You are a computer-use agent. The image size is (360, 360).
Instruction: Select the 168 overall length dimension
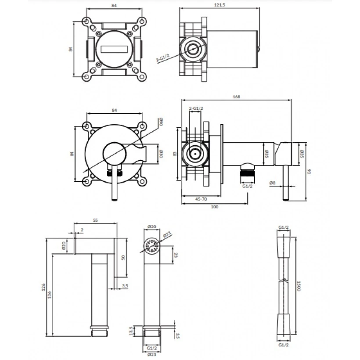(237, 97)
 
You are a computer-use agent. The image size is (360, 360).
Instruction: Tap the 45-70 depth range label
(202, 199)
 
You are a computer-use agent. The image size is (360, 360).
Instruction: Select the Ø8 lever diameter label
(272, 183)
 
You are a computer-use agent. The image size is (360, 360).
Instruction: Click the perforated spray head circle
(151, 245)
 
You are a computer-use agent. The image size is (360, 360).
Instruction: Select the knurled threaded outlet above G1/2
(248, 173)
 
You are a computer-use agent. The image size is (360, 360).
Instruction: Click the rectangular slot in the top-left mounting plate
(113, 49)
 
